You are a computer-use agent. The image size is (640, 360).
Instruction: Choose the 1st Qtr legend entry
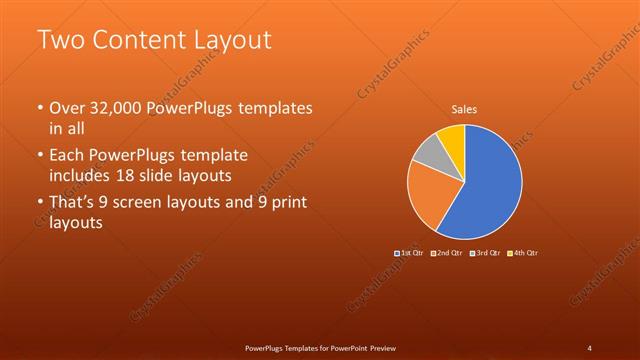410,252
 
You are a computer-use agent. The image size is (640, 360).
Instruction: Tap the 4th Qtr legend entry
522,252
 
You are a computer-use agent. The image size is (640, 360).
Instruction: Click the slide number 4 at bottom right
589,347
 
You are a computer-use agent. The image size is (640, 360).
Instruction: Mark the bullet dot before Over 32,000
39,108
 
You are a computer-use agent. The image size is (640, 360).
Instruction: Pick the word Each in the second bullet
68,156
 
